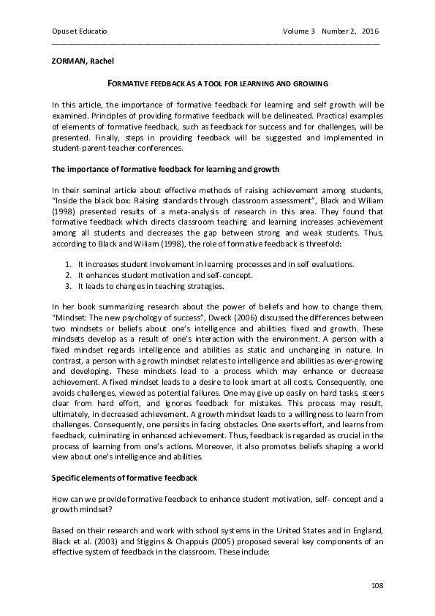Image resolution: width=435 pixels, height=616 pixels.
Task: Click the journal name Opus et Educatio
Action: pos(75,31)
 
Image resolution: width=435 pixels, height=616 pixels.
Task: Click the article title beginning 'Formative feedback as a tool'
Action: pos(217,85)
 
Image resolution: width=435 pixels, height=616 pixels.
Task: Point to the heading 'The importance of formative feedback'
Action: pos(165,169)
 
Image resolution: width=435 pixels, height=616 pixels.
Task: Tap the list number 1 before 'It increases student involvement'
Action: pos(68,264)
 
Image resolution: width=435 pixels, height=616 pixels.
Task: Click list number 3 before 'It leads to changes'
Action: pos(68,286)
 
